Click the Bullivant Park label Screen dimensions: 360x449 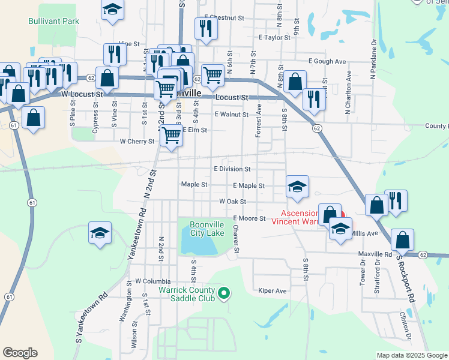pyautogui.click(x=53, y=21)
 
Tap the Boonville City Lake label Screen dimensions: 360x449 pyautogui.click(x=207, y=229)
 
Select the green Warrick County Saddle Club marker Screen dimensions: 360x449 pyautogui.click(x=224, y=293)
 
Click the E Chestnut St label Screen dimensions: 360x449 pyautogui.click(x=224, y=18)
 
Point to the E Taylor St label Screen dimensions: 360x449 pyautogui.click(x=274, y=37)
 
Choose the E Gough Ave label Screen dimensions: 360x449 pyautogui.click(x=327, y=61)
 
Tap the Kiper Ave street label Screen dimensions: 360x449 pyautogui.click(x=273, y=291)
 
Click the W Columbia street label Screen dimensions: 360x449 pyautogui.click(x=152, y=281)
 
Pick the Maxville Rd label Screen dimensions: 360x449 pyautogui.click(x=375, y=254)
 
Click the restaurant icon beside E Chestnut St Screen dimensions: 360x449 pyautogui.click(x=205, y=28)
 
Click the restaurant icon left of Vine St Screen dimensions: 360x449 pyautogui.click(x=114, y=55)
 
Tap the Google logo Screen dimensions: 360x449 pyautogui.click(x=20, y=353)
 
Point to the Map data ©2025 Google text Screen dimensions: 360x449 pyautogui.click(x=411, y=355)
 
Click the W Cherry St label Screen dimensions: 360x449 pyautogui.click(x=137, y=142)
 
